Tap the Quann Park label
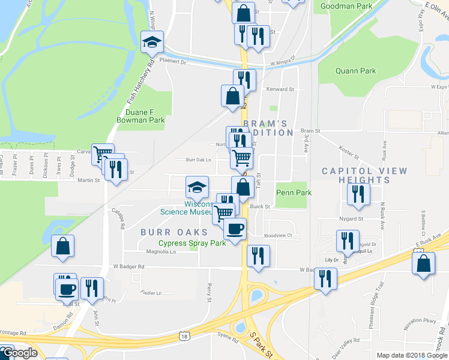(356, 71)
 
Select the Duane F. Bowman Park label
(144, 116)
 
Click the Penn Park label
(294, 193)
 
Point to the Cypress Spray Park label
(191, 244)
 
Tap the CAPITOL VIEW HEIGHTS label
(364, 175)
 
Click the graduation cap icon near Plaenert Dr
(152, 43)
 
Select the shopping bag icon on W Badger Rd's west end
(63, 247)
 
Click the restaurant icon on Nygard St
(358, 194)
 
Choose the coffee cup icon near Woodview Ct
(235, 229)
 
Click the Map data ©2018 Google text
(411, 355)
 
